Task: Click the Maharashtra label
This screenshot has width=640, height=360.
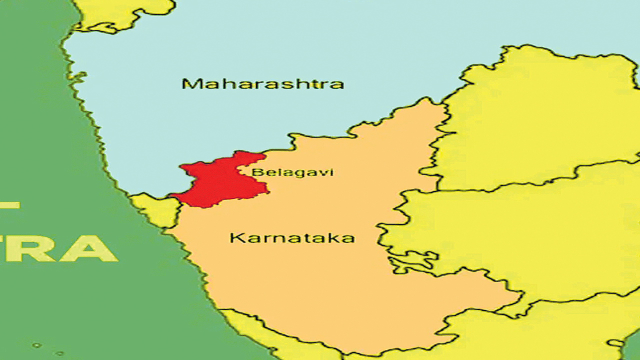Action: click(x=262, y=83)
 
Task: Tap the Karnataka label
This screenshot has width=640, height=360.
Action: click(x=292, y=238)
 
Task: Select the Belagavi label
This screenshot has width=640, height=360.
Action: click(x=292, y=173)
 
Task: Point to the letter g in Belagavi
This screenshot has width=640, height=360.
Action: click(x=296, y=174)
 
